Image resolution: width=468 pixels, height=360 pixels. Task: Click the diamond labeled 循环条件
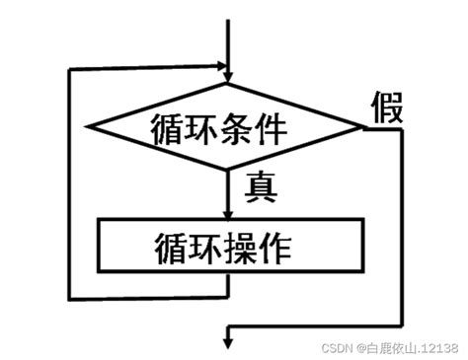228,126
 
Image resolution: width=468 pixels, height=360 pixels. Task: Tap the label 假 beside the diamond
387,109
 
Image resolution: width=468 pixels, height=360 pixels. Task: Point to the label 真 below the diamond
260,184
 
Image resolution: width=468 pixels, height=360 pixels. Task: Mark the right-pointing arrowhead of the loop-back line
221,70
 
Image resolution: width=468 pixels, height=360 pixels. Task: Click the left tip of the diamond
91,126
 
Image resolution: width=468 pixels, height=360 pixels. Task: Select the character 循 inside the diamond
171,127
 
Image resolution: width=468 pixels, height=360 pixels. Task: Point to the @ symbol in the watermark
361,347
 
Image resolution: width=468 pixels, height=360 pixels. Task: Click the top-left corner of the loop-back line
67,70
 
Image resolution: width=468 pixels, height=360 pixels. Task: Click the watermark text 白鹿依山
390,347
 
